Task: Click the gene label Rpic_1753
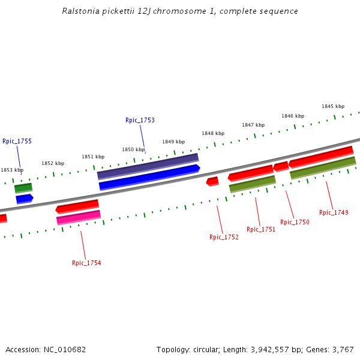(140, 120)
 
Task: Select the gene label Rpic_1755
(17, 141)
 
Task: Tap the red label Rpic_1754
(86, 263)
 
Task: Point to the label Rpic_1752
(224, 237)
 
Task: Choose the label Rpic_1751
(261, 229)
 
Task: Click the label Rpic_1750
(295, 222)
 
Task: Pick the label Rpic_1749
(334, 212)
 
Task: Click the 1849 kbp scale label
(173, 142)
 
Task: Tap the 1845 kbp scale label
(332, 106)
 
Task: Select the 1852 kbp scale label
(53, 163)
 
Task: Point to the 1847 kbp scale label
(253, 125)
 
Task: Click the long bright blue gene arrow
(149, 177)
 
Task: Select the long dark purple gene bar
(148, 166)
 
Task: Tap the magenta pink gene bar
(79, 217)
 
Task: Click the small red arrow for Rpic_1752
(212, 181)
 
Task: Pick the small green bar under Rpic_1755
(23, 188)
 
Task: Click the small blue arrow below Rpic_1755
(24, 198)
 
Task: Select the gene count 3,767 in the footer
(343, 349)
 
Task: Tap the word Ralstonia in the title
(79, 11)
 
